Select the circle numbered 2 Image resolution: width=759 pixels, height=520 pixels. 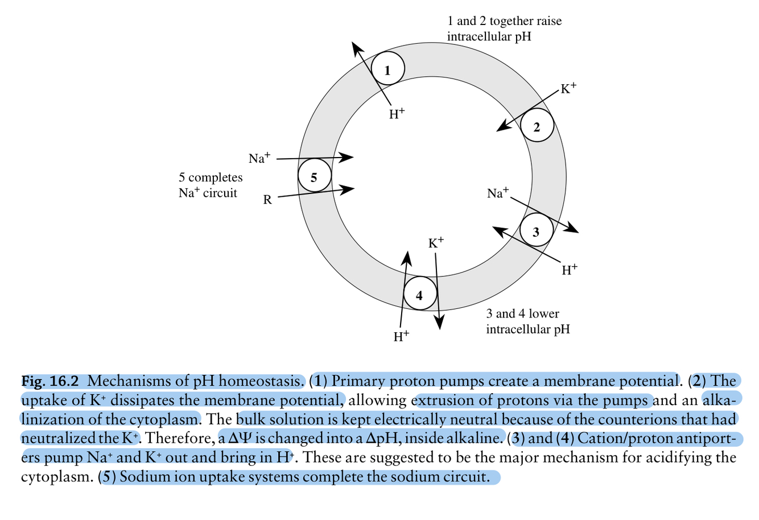click(537, 126)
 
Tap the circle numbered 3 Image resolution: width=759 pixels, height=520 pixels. click(536, 230)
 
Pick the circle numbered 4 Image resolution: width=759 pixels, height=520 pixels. click(420, 294)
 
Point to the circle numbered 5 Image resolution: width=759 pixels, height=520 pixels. click(315, 176)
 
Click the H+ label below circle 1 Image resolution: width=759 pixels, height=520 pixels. click(397, 113)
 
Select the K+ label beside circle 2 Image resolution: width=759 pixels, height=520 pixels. click(568, 88)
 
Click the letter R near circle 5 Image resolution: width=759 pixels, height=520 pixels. click(267, 200)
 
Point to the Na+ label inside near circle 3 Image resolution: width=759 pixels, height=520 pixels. click(498, 193)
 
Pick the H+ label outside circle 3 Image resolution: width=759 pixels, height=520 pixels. click(570, 269)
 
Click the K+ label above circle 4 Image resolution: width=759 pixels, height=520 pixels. click(436, 243)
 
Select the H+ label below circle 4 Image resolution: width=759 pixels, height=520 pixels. click(402, 336)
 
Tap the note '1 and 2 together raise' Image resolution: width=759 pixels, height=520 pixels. click(504, 21)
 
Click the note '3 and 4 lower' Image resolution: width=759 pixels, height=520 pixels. click(522, 313)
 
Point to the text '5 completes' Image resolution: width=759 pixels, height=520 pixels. click(211, 178)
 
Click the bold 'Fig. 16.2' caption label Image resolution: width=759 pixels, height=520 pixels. click(50, 381)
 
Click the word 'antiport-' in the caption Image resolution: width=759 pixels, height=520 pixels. click(709, 439)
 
